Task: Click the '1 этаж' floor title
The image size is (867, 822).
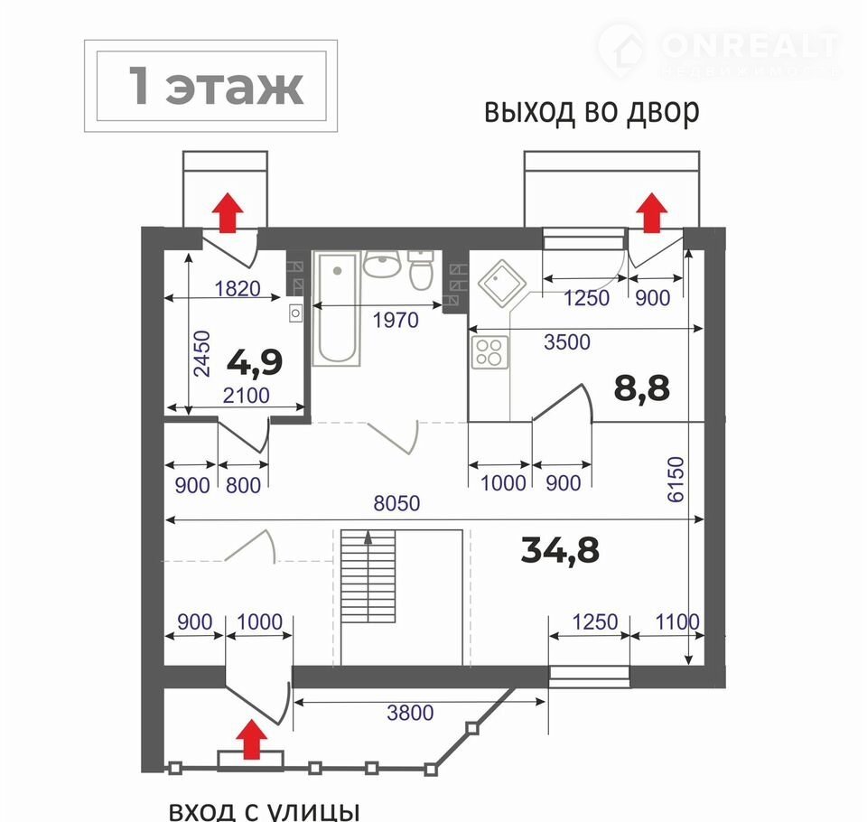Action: click(x=216, y=87)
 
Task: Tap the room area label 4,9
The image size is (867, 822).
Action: click(x=255, y=363)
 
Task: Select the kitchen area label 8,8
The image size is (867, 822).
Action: click(x=642, y=388)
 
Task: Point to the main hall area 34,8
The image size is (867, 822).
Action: click(x=560, y=550)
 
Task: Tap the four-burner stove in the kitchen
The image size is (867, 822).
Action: click(x=489, y=352)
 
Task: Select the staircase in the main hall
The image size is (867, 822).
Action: click(x=368, y=597)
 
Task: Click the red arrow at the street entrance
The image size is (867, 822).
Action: click(x=252, y=739)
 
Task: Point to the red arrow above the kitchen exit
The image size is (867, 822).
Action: click(x=652, y=212)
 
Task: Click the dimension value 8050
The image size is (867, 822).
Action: click(x=396, y=503)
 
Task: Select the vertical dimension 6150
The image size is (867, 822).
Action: click(x=676, y=480)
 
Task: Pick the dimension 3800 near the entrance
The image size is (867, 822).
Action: click(x=410, y=713)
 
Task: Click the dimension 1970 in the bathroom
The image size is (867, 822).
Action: click(x=396, y=321)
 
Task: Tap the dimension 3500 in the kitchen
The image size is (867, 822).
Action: click(x=567, y=342)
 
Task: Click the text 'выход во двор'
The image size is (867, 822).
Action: click(x=592, y=111)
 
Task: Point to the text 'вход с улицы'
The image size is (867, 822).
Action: click(x=265, y=811)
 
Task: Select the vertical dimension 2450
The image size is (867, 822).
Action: click(x=201, y=354)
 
